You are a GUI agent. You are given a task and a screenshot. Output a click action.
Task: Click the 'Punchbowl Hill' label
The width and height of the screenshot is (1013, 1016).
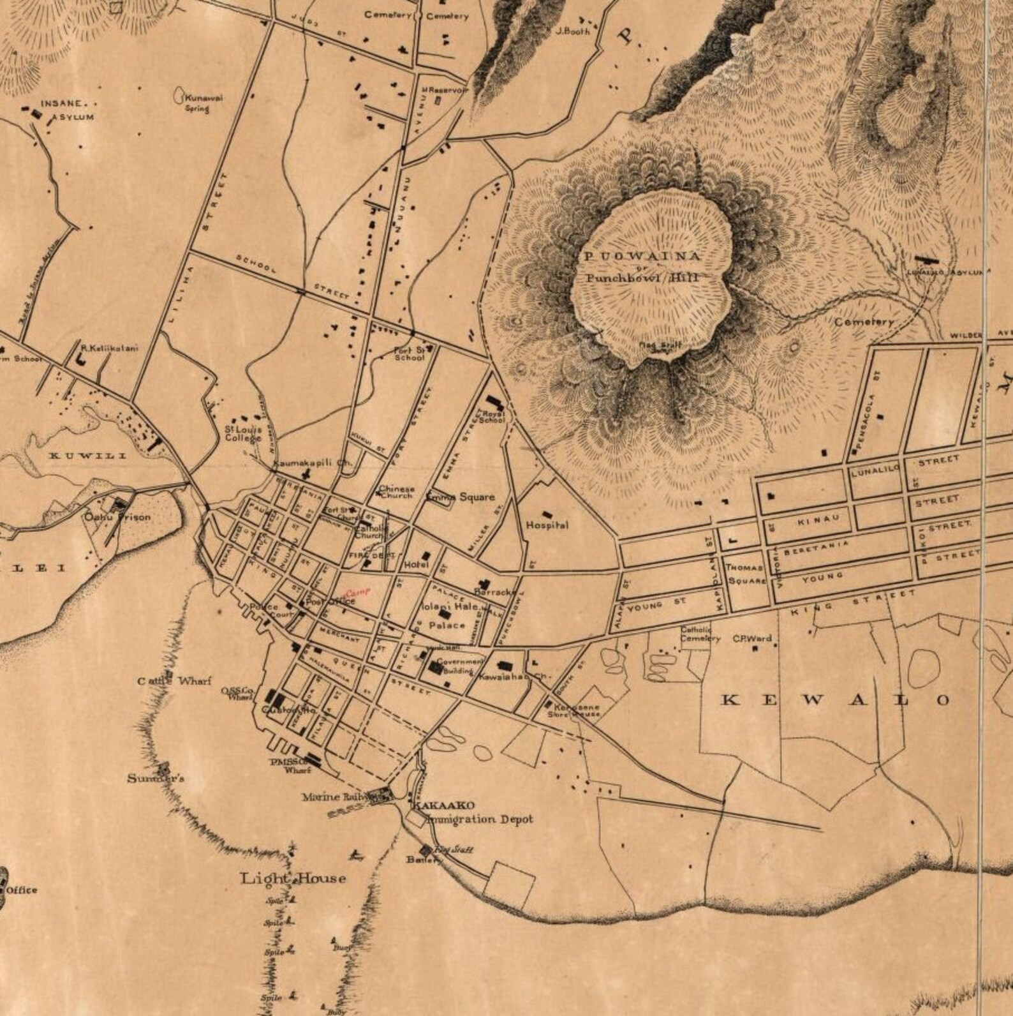(x=642, y=278)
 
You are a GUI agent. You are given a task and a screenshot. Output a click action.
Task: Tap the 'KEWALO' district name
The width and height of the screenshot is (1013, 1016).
(x=835, y=700)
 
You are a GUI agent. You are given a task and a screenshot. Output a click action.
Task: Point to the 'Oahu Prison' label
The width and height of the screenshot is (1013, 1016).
(x=118, y=516)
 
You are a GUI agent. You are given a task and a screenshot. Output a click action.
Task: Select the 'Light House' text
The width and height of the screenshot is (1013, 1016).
(x=293, y=879)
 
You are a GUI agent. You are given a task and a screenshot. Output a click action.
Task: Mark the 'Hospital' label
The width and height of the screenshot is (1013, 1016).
(x=547, y=525)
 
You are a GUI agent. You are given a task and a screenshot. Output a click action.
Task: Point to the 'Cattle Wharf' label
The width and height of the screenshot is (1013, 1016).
(x=174, y=681)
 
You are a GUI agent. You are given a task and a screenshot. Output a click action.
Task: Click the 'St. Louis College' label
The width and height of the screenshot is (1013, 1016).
(x=242, y=433)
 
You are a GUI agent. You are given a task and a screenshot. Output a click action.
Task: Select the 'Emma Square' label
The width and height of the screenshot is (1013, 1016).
(x=461, y=497)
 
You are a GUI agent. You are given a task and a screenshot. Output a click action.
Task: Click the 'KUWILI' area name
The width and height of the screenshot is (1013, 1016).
(x=89, y=456)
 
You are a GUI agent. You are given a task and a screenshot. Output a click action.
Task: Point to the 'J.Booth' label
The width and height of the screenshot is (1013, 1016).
(x=570, y=30)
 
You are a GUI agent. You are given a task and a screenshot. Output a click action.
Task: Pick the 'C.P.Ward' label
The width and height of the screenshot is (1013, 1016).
(x=751, y=638)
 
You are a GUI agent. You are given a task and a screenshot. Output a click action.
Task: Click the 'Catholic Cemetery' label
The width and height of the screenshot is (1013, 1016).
(x=700, y=634)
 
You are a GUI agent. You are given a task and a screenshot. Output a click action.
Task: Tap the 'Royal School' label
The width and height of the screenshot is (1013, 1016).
(x=494, y=417)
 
